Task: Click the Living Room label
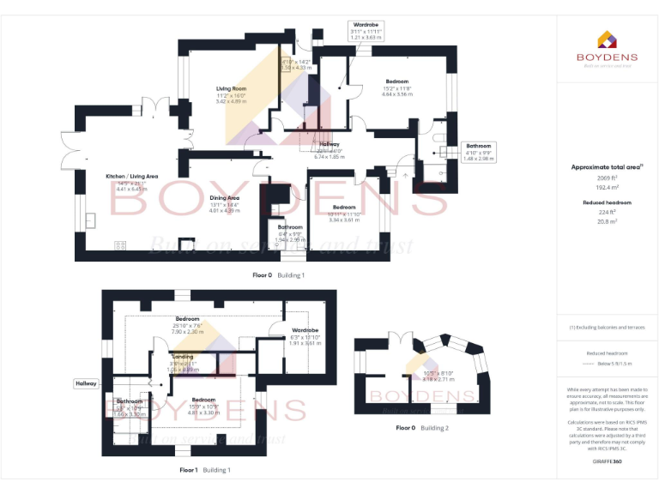click(x=231, y=88)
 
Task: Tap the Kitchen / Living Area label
click(x=126, y=176)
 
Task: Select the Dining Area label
click(x=224, y=198)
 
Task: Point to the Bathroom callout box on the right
click(x=478, y=152)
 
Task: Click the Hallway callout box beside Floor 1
click(x=86, y=383)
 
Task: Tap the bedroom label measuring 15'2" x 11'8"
click(x=396, y=81)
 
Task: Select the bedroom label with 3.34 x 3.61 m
click(x=344, y=208)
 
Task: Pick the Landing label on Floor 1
click(x=183, y=356)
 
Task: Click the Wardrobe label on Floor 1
click(x=305, y=330)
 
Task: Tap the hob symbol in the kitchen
click(x=120, y=246)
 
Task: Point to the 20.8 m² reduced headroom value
click(x=607, y=220)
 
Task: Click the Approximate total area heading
click(x=607, y=166)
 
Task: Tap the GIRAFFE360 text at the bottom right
click(x=607, y=462)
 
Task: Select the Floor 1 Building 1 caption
click(x=205, y=470)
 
